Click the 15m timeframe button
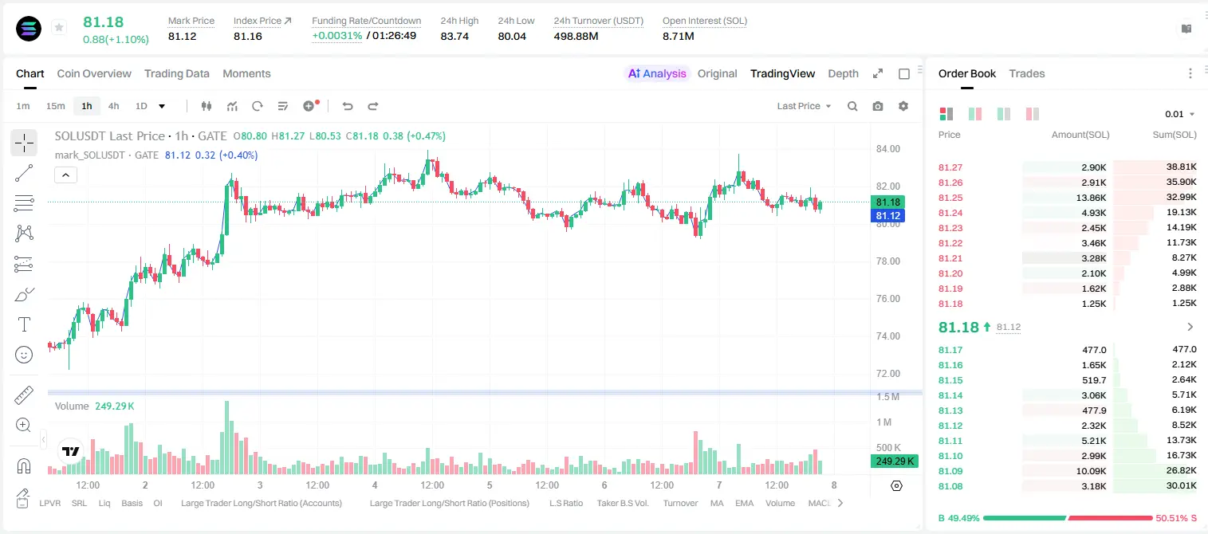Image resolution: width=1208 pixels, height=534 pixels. coord(55,106)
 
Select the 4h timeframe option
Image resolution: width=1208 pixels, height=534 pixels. coord(113,106)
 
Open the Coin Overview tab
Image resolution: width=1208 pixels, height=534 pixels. coord(94,73)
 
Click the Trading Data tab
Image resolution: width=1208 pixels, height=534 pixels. coord(176,73)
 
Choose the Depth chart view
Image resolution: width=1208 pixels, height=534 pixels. coord(843,73)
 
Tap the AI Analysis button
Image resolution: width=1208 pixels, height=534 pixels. coord(657,73)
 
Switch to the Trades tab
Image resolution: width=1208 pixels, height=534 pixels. coord(1027,73)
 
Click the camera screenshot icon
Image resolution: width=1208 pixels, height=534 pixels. coord(878,106)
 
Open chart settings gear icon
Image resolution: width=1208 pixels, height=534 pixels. coord(903,106)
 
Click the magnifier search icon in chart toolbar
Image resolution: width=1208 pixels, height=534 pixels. coord(852,106)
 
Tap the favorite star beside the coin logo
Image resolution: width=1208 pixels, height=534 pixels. coord(59,27)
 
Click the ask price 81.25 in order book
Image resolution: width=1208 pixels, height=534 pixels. coord(950,198)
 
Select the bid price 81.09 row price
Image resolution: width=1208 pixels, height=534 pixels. coord(950,471)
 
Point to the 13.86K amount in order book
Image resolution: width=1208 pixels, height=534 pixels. coord(1091,198)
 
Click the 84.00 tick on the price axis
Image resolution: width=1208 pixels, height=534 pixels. coord(888,149)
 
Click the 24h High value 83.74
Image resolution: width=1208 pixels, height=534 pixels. coord(454,36)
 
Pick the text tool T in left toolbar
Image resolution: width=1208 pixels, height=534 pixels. coord(24,324)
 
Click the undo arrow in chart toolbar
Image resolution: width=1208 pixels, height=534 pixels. coord(348,106)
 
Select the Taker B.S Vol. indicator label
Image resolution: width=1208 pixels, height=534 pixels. coord(622,503)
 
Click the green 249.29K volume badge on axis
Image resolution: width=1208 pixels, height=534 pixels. coord(895,461)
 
